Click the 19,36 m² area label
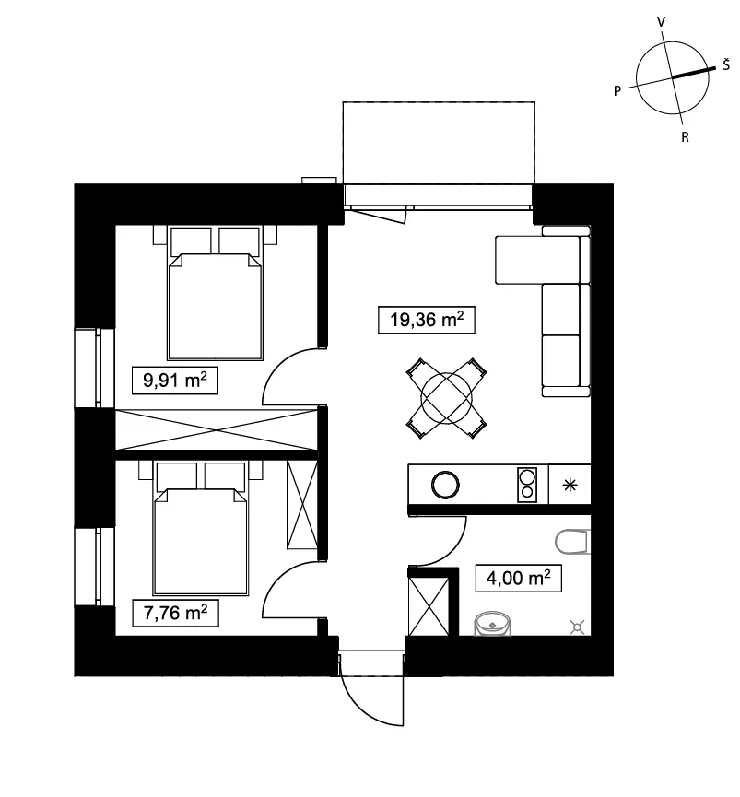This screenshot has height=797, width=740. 427,320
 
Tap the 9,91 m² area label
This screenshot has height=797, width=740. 175,381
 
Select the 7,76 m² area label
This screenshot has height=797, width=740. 175,613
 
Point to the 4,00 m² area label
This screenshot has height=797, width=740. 519,579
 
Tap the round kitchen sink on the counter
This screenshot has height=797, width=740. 445,485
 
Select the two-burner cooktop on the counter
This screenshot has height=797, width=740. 527,485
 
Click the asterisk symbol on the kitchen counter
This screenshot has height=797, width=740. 570,485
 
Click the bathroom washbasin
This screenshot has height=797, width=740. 492,624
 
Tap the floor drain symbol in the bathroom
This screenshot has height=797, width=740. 577,627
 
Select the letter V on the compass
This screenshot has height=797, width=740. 662,22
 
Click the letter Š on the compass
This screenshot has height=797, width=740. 726,64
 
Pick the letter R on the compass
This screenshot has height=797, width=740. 685,137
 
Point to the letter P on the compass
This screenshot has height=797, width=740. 617,91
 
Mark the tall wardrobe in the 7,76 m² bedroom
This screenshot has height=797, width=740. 302,505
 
